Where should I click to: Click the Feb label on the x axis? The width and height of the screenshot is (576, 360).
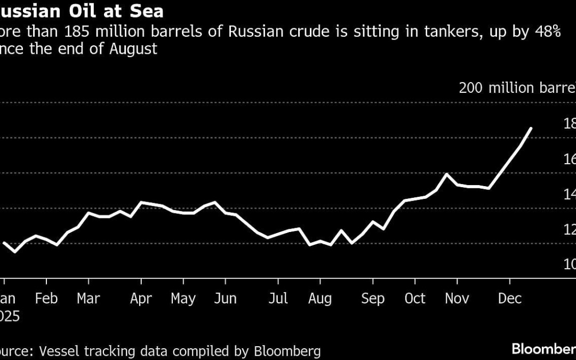coord(46,298)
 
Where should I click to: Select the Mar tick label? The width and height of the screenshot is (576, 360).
coord(88,298)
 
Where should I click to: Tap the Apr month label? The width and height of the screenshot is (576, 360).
coord(141,298)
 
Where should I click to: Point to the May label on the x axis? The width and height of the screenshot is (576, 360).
coord(183,298)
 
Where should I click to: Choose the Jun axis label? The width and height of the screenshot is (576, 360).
coord(225,298)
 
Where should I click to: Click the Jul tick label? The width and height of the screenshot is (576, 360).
coord(278,298)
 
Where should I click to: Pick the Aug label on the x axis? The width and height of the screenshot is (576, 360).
coord(320,298)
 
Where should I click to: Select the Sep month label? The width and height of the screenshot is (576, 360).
coord(372,298)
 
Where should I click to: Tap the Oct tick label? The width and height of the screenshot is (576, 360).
coord(414,298)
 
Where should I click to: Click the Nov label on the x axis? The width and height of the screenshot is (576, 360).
coord(457,298)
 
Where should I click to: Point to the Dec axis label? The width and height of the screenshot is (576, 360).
coord(509,298)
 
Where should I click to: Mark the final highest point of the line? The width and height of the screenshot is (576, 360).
coord(531,128)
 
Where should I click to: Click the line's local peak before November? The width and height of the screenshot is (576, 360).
coord(446,174)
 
